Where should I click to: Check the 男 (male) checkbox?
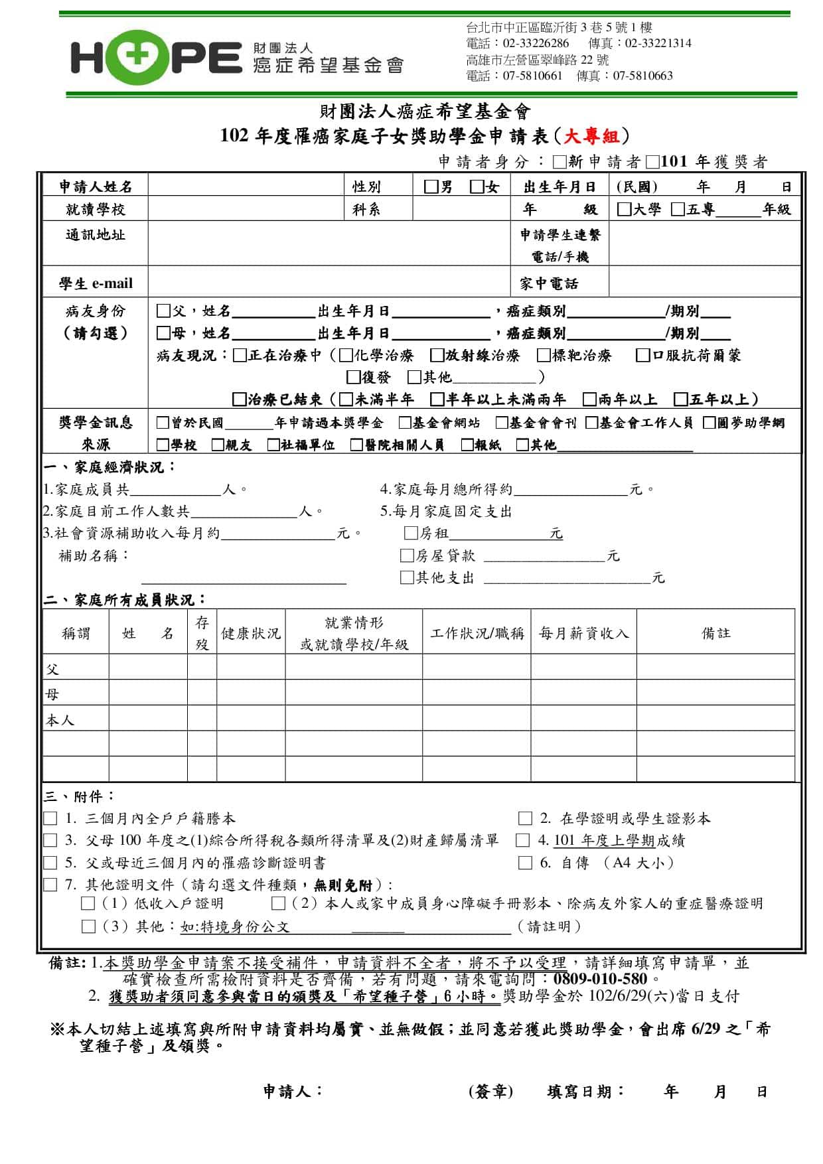click(431, 186)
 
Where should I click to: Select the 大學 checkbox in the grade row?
click(624, 209)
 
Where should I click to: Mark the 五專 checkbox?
click(678, 209)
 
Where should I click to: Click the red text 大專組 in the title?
click(591, 136)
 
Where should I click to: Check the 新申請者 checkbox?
click(559, 162)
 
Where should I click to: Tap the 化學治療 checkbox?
click(346, 355)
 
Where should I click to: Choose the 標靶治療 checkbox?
click(544, 355)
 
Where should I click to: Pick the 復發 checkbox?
click(354, 377)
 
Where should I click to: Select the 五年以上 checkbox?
click(680, 399)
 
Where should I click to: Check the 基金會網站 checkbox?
click(405, 422)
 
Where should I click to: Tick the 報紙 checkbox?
click(467, 445)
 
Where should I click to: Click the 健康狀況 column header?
click(251, 633)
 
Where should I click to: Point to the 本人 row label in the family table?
click(60, 720)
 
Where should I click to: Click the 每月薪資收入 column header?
click(583, 633)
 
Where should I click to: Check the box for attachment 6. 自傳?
click(525, 863)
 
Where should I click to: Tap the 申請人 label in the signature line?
click(293, 1091)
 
